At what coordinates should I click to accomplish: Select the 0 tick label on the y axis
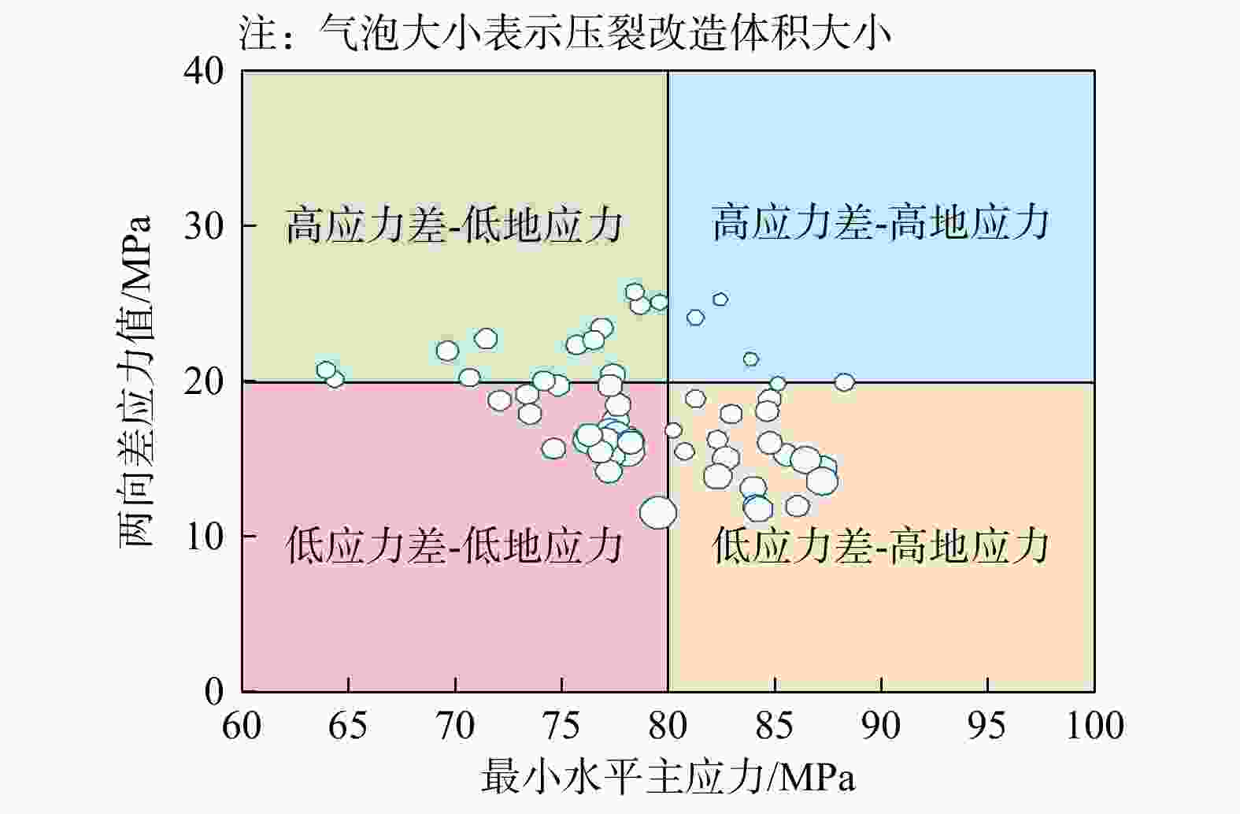click(214, 691)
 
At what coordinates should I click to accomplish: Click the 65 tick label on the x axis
click(348, 725)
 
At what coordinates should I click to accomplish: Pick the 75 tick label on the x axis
click(561, 725)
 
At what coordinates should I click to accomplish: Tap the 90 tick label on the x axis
click(881, 725)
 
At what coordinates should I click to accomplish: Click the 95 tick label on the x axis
click(987, 725)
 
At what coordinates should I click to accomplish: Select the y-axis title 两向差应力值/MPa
click(135, 381)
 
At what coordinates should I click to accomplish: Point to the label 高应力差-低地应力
click(454, 226)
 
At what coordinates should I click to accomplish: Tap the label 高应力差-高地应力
click(881, 222)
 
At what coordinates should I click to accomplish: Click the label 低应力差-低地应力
click(454, 545)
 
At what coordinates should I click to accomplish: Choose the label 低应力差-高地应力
click(881, 545)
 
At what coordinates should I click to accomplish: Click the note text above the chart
click(565, 35)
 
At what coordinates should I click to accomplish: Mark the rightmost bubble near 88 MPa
click(844, 383)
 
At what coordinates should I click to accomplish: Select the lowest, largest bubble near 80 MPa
click(658, 512)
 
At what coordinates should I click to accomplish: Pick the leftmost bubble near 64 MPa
click(327, 370)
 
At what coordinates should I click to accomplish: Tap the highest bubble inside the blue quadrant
click(720, 299)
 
